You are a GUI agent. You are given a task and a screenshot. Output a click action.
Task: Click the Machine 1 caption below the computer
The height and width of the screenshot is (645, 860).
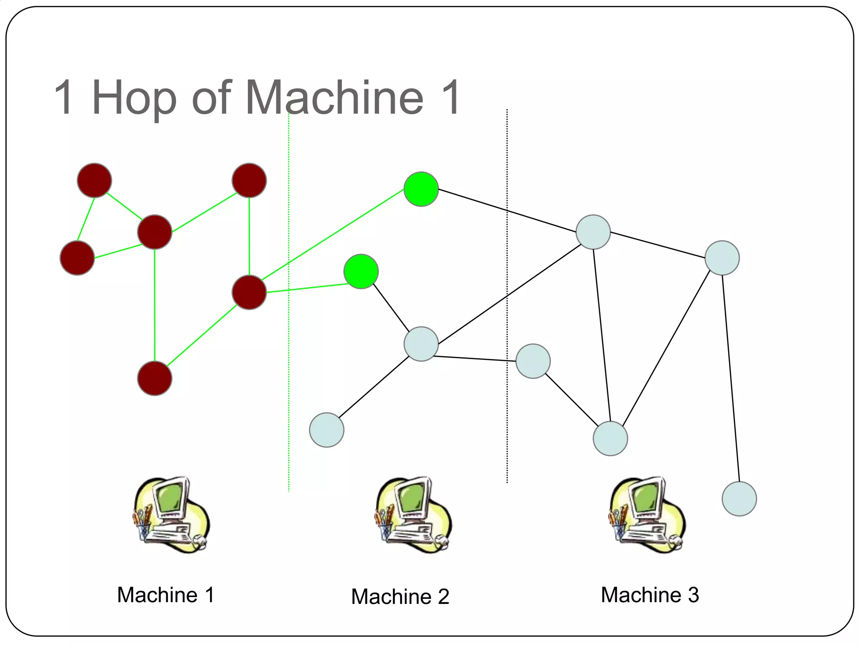coord(165,595)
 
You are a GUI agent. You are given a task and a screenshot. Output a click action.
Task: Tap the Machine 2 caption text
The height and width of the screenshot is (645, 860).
coord(400,596)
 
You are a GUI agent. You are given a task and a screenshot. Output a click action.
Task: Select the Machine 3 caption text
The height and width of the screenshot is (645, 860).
coord(650,595)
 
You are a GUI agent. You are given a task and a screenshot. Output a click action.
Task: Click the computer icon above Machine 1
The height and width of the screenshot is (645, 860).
coord(171,515)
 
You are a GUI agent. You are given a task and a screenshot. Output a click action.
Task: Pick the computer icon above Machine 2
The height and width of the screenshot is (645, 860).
coord(413,515)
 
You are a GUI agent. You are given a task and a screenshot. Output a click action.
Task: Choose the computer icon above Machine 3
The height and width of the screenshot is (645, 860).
coord(647,515)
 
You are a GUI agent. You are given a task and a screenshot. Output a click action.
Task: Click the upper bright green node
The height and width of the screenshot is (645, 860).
coord(421,189)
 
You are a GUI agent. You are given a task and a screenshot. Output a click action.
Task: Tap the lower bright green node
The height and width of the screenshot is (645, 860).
coord(361,271)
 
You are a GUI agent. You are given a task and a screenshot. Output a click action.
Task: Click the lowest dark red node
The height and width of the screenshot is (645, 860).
coord(155,378)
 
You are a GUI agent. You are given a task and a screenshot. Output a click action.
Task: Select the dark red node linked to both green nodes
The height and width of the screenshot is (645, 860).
coord(249,292)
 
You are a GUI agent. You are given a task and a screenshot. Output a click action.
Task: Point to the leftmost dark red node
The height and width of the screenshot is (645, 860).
coord(77,258)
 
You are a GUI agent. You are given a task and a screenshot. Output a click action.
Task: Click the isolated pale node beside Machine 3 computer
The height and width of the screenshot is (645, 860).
coord(739,498)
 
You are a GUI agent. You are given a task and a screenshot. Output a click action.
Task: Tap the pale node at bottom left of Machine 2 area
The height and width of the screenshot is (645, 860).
coord(327,430)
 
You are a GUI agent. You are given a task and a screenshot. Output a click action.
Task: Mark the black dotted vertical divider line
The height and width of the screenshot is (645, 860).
coord(507,294)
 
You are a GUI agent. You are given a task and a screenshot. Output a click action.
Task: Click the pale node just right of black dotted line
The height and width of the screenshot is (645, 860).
coord(533,361)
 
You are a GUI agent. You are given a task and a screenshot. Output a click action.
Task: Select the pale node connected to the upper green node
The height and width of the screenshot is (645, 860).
coord(593,232)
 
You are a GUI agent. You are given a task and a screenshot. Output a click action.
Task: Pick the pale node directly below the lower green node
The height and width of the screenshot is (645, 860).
coord(421,344)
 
